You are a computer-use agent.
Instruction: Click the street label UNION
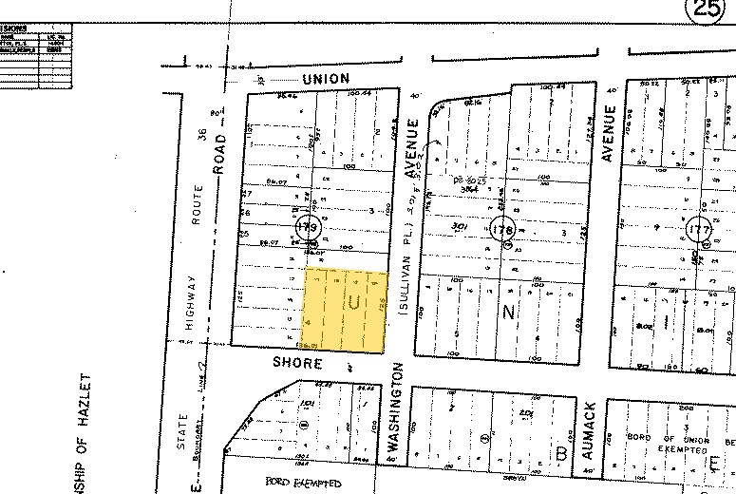[326, 78]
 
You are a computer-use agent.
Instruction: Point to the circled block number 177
[701, 229]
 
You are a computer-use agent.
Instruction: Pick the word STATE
[183, 432]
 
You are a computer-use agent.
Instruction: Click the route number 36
[201, 135]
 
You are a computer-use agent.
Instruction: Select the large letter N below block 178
[507, 311]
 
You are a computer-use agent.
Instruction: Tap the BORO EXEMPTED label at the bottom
[303, 484]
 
